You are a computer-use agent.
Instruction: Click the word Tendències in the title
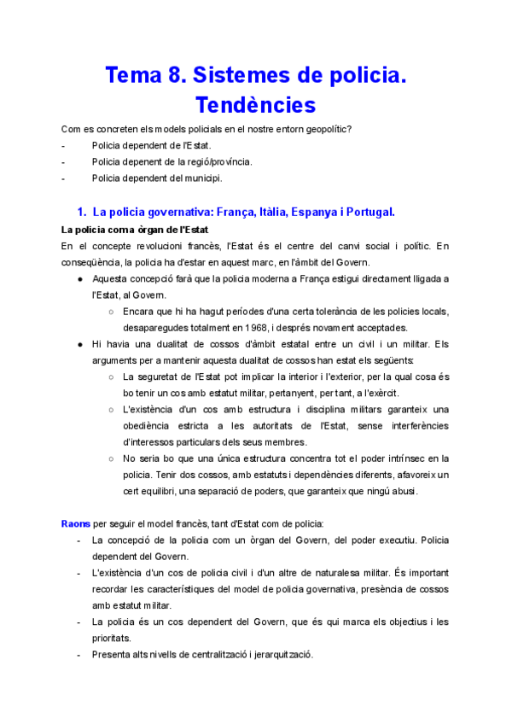256,105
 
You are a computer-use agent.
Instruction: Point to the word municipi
203,178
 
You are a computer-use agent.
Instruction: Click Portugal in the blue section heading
367,211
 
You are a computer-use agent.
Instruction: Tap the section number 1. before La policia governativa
83,211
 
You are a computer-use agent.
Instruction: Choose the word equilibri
163,491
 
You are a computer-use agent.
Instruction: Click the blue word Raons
76,523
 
